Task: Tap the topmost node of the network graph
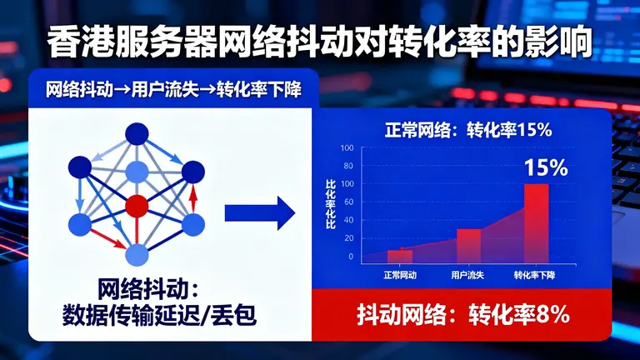pos(136,135)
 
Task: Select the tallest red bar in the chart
pos(536,222)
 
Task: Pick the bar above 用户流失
pos(469,245)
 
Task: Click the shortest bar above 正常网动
pos(399,255)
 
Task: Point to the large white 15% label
pos(546,167)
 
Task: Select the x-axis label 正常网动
pos(400,275)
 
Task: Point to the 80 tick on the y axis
pos(347,166)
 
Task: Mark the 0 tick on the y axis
pos(350,257)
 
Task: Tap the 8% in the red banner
pos(553,315)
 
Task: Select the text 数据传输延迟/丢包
pos(161,316)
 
